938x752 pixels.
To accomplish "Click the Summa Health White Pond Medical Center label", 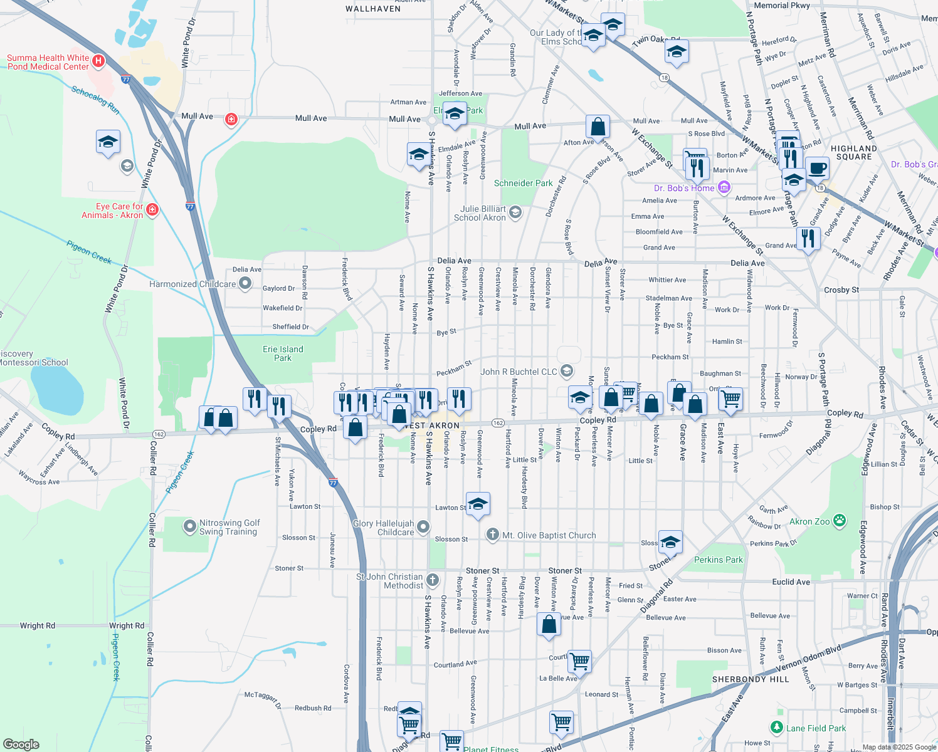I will click(48, 62).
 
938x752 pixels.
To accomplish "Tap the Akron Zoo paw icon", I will click(839, 521).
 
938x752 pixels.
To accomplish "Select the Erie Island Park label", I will click(283, 353).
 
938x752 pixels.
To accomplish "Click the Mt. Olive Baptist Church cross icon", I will click(492, 535).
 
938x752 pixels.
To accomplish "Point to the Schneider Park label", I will click(523, 183).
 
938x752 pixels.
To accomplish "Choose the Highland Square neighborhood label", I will click(854, 153).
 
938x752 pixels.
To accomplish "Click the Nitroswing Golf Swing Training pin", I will click(189, 526).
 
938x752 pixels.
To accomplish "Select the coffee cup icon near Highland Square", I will click(817, 168).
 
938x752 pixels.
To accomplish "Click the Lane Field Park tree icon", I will click(777, 728).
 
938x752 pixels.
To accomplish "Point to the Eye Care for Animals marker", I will click(152, 209).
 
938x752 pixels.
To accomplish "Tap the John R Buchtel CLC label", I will click(519, 372).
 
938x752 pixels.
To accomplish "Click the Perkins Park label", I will click(718, 560).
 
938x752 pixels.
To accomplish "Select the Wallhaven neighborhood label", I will click(373, 9).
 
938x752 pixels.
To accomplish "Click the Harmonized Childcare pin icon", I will click(245, 284).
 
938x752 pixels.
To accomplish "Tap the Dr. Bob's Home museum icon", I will click(724, 187).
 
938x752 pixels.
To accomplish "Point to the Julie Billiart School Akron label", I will click(480, 213).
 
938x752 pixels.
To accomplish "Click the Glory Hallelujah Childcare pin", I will click(423, 527).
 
